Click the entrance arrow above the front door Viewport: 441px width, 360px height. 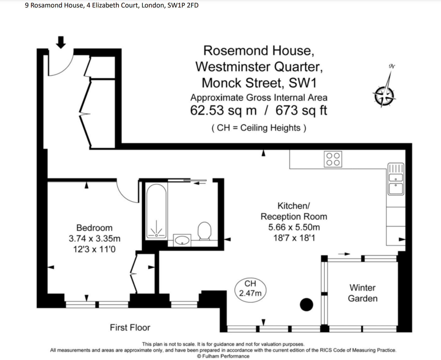tap(61, 42)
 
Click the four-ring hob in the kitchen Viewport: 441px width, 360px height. tap(333, 159)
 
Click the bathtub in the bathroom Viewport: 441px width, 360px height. tap(156, 211)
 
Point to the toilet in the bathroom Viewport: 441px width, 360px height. tap(205, 231)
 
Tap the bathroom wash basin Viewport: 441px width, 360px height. tap(182, 240)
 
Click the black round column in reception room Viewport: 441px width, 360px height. tap(306, 305)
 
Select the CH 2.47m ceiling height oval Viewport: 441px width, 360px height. tap(250, 289)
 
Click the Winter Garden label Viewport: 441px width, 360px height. tap(362, 293)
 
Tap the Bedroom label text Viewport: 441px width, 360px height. tap(94, 228)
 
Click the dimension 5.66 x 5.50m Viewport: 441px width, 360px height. tap(294, 227)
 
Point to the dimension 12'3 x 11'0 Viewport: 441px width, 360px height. tap(94, 249)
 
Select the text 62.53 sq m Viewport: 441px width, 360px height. tap(223, 110)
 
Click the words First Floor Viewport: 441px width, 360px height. tap(130, 327)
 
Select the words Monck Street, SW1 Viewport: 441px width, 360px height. tap(259, 83)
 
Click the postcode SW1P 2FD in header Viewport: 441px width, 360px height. tap(183, 5)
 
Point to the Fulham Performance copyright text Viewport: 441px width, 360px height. tap(223, 356)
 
